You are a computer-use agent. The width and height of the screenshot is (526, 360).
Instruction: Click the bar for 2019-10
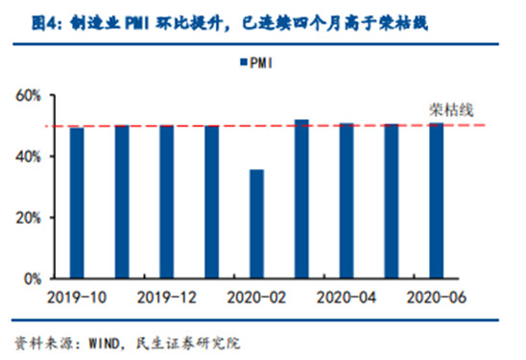click(77, 203)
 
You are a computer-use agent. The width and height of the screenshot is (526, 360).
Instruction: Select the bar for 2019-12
click(167, 202)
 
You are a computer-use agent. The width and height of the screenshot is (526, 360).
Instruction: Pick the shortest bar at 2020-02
click(256, 224)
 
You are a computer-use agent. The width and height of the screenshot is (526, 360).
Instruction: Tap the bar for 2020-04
click(347, 201)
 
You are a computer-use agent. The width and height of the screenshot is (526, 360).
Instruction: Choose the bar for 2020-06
click(437, 201)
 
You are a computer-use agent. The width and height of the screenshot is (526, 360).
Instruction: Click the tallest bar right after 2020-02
click(301, 199)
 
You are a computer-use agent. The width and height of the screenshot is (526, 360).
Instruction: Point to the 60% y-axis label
click(28, 96)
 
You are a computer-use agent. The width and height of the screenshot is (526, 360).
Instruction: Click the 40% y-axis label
click(28, 156)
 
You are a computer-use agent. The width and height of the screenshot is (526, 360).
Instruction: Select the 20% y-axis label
click(28, 218)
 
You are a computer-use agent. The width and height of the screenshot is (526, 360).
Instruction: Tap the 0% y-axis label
click(33, 279)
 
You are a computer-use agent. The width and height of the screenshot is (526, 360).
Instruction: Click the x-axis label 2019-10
click(77, 298)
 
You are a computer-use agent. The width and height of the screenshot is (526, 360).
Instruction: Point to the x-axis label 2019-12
click(167, 298)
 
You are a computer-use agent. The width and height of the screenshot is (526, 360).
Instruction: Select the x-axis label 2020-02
click(256, 298)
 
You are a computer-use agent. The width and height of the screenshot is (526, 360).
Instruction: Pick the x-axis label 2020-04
click(347, 298)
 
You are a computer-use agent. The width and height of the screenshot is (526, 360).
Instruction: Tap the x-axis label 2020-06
click(437, 298)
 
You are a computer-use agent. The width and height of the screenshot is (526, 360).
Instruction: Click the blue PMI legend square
click(244, 62)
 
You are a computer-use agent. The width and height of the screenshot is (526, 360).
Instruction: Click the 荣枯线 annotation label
click(451, 110)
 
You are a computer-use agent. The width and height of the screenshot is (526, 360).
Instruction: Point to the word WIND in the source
click(105, 344)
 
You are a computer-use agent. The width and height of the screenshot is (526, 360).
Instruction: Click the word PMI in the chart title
click(137, 24)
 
